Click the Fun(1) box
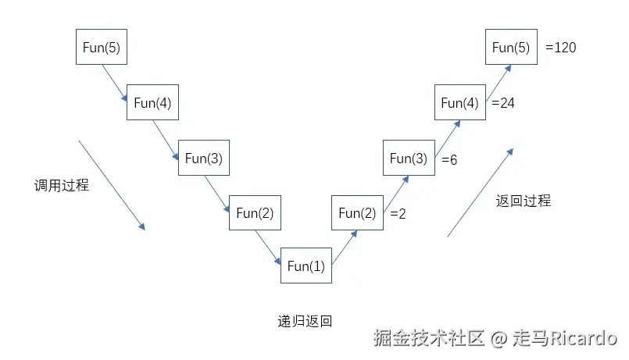coord(306,266)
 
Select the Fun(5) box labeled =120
coord(511,48)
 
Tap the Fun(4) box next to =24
coord(459,102)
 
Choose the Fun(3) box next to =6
coord(409,159)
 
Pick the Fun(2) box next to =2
coord(357,213)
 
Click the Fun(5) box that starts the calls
coord(101,48)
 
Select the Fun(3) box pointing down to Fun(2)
coord(204,159)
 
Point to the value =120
coord(561,48)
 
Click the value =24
coord(503,103)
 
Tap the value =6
coord(449,160)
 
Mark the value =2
coord(398,214)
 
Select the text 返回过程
coord(524,201)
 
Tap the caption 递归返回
coord(305,320)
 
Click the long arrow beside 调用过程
coord(112,185)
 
